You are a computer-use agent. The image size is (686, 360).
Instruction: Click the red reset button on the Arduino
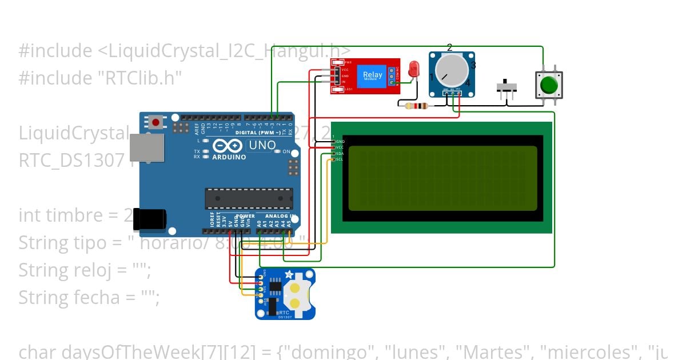coord(155,121)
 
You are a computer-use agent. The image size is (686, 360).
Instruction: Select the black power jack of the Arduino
coord(151,219)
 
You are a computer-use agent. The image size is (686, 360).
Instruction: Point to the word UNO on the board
coord(262,145)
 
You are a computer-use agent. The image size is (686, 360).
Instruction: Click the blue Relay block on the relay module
coord(373,75)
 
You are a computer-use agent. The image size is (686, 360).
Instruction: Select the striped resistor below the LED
coord(416,105)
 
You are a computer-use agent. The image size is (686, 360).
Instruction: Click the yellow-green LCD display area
coord(442,178)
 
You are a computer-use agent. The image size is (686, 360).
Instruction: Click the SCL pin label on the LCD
coord(339,159)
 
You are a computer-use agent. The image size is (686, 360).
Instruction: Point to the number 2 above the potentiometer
coord(450,47)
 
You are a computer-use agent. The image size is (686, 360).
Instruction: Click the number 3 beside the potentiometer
coord(473,66)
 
